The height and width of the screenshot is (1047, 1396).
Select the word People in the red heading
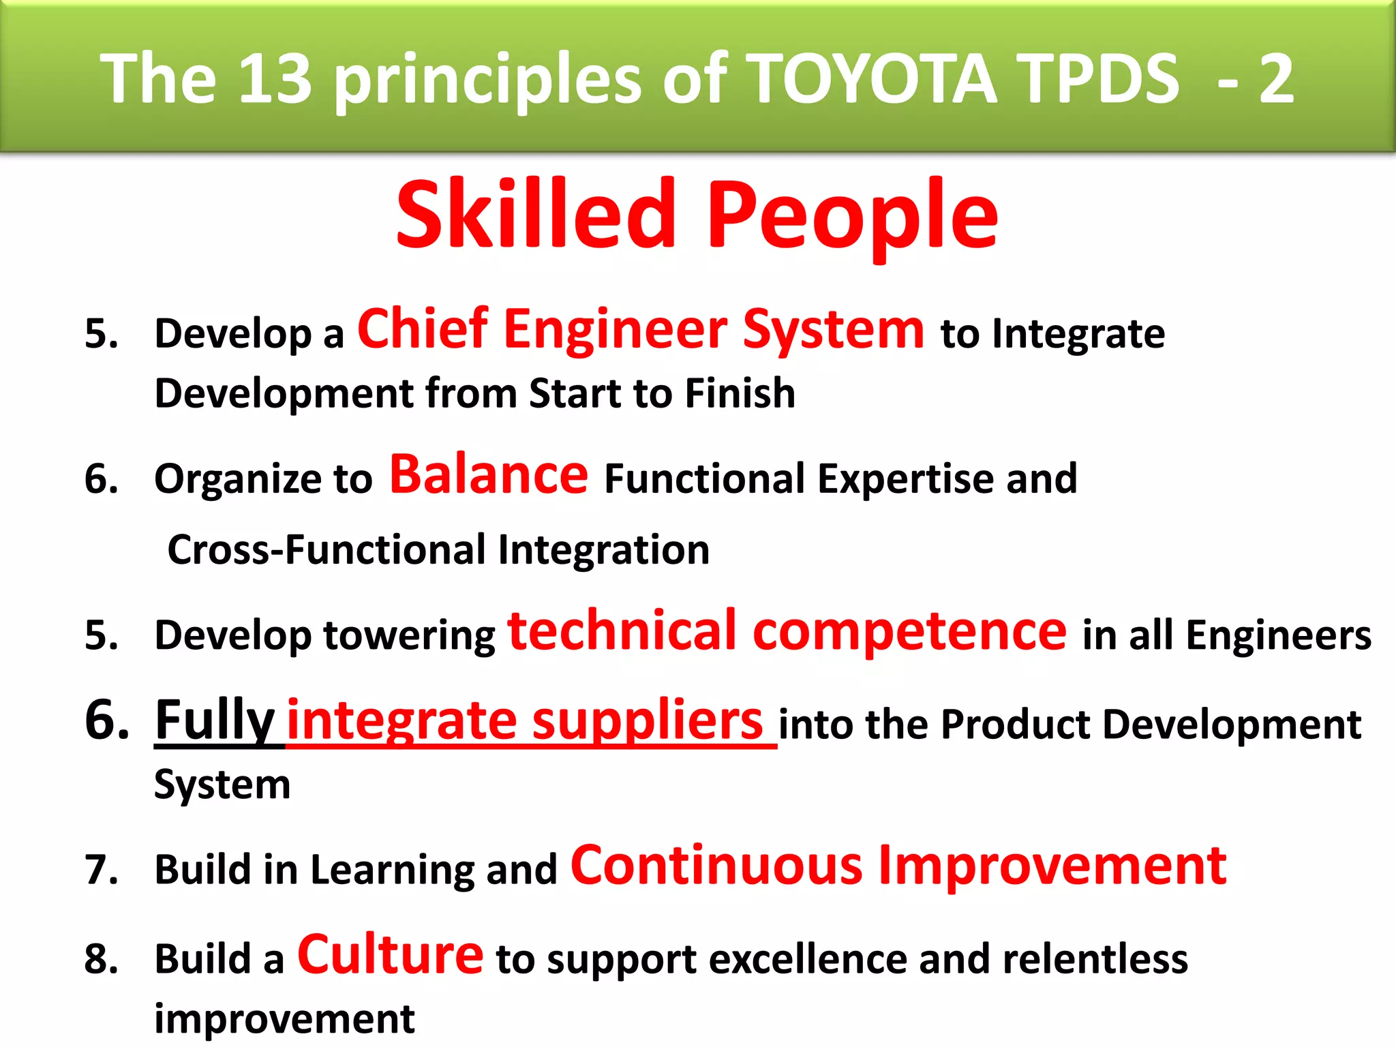coord(852,217)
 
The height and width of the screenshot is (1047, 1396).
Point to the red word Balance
coord(488,474)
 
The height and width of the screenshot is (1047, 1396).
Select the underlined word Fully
coord(215,721)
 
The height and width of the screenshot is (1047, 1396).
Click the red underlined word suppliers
coord(647,721)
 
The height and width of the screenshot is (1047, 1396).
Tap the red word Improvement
coord(1052,866)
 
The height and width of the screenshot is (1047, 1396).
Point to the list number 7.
coord(102,870)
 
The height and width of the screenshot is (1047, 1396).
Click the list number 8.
coord(102,959)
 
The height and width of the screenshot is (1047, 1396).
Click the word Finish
coord(740,393)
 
